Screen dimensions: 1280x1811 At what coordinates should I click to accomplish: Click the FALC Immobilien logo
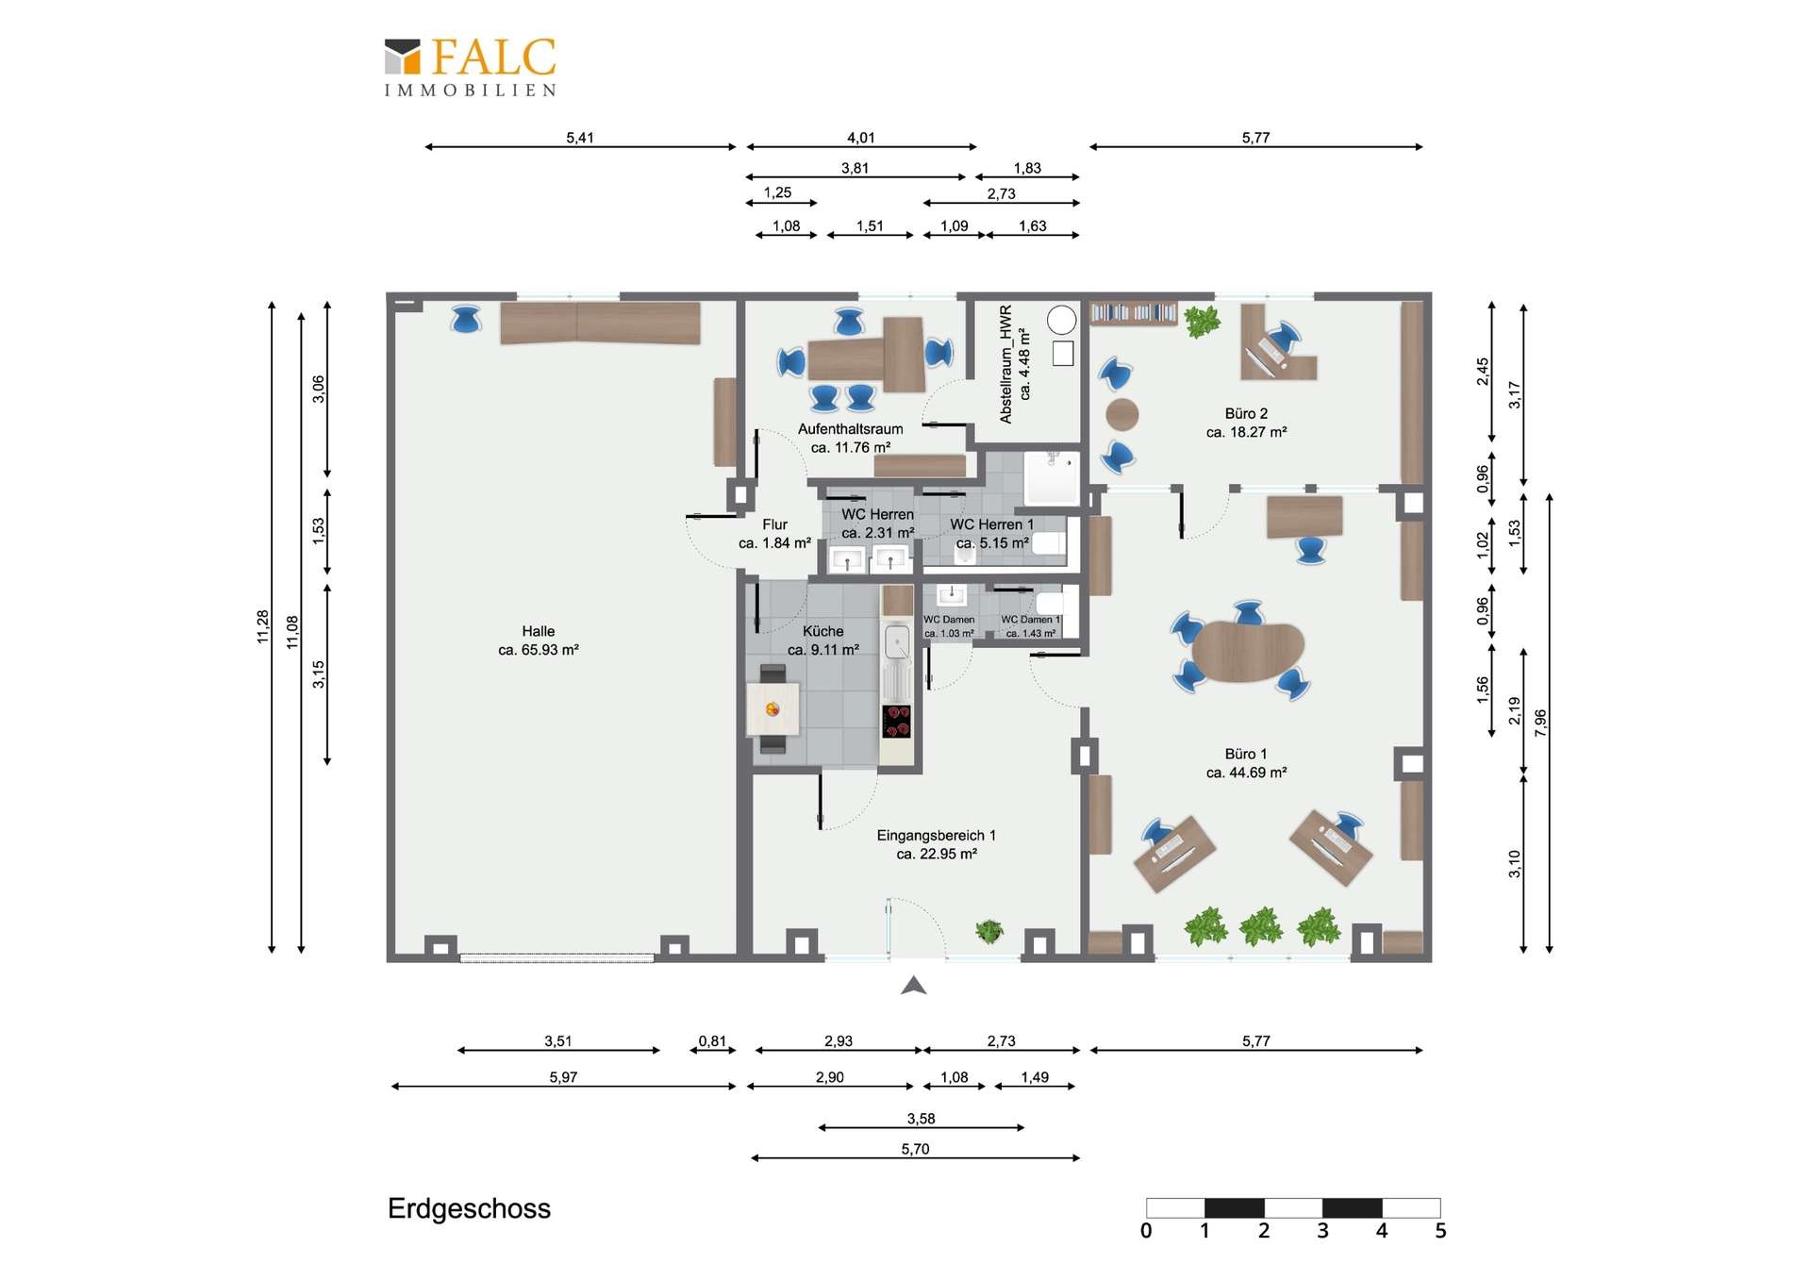(470, 67)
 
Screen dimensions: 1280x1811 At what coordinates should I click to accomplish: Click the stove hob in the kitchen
(896, 721)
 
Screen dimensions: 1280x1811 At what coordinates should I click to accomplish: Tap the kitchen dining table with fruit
(773, 709)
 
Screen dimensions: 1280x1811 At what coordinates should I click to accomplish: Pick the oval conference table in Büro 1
(1247, 651)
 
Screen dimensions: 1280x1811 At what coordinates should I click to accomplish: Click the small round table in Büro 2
(1121, 414)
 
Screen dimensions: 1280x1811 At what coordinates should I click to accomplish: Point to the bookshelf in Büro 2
(1133, 312)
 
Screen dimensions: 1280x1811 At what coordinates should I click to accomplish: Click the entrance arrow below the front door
(913, 986)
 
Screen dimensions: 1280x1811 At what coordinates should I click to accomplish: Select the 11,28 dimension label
(263, 627)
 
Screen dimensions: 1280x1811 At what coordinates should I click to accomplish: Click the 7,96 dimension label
(1540, 723)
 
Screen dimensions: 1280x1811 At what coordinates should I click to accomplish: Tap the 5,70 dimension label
(915, 1149)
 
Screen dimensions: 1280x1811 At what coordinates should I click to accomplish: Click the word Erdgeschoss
(469, 1208)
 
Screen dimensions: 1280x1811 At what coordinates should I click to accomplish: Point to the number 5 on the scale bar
(1440, 1231)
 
